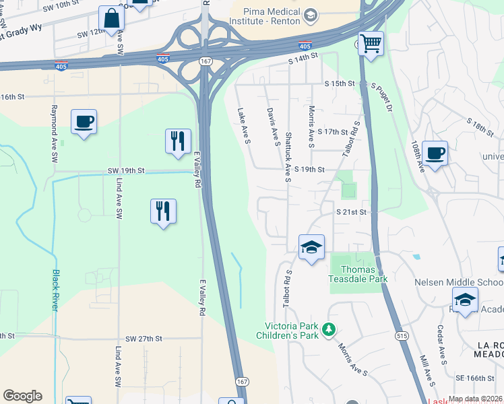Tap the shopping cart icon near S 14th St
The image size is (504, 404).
pyautogui.click(x=370, y=44)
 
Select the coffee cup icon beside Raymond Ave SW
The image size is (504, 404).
pyautogui.click(x=84, y=123)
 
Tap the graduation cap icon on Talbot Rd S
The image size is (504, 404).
pyautogui.click(x=311, y=248)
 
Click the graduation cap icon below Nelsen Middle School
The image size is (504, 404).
pyautogui.click(x=465, y=300)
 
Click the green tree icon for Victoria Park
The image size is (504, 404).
pyautogui.click(x=328, y=329)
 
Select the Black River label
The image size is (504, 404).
pyautogui.click(x=55, y=290)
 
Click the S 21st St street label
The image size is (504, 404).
pyautogui.click(x=351, y=211)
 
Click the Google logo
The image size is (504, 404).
pyautogui.click(x=22, y=396)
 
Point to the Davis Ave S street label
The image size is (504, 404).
pyautogui.click(x=273, y=127)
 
